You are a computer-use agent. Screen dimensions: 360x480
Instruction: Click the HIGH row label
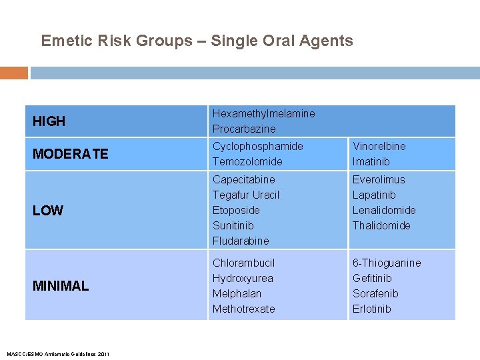[49, 121]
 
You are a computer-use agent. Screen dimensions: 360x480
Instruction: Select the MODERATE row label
[70, 154]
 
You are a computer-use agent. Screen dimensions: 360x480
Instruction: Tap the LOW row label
[48, 211]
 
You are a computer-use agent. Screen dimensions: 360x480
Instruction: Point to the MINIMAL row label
[61, 286]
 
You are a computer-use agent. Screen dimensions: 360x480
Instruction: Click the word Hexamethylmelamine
[263, 113]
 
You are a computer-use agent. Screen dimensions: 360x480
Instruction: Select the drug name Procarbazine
[244, 129]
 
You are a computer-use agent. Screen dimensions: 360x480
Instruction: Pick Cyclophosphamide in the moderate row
[257, 146]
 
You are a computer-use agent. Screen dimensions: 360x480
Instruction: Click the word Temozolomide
[247, 161]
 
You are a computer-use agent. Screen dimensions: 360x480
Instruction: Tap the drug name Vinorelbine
[379, 146]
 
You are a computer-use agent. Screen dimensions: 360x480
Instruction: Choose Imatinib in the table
[371, 161]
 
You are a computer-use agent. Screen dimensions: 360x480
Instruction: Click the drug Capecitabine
[243, 179]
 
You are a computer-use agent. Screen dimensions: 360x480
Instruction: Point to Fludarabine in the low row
[241, 241]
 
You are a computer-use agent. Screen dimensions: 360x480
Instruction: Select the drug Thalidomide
[381, 225]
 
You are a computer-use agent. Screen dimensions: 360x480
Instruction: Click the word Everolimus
[379, 179]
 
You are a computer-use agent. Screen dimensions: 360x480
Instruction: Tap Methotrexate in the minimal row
[243, 309]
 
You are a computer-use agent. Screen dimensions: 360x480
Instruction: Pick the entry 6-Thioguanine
[387, 263]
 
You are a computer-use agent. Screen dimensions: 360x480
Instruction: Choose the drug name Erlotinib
[371, 309]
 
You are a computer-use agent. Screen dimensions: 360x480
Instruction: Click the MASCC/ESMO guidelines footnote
[57, 353]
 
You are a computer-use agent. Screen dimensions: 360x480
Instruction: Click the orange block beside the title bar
[14, 73]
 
